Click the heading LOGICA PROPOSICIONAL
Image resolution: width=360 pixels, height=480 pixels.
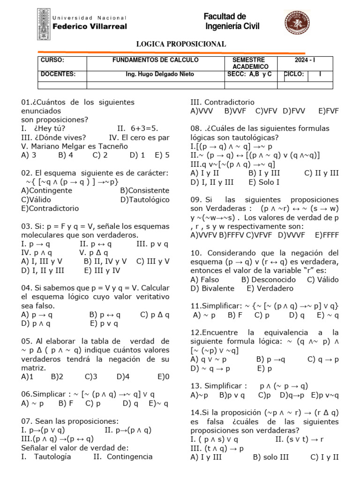[x=180, y=44]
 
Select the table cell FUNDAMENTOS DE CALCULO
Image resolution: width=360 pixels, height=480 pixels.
[x=156, y=60]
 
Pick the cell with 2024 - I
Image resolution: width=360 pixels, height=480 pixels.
[x=305, y=60]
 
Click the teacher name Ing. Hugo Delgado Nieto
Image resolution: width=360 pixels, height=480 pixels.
[x=160, y=74]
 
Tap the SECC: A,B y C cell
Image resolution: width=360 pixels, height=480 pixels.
[x=249, y=74]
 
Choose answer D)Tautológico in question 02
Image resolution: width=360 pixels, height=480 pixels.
[x=144, y=200]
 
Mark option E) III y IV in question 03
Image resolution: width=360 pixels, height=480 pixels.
[x=102, y=270]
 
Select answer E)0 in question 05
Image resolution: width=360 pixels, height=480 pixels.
[x=164, y=376]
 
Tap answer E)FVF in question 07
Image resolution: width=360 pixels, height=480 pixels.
[x=328, y=111]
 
